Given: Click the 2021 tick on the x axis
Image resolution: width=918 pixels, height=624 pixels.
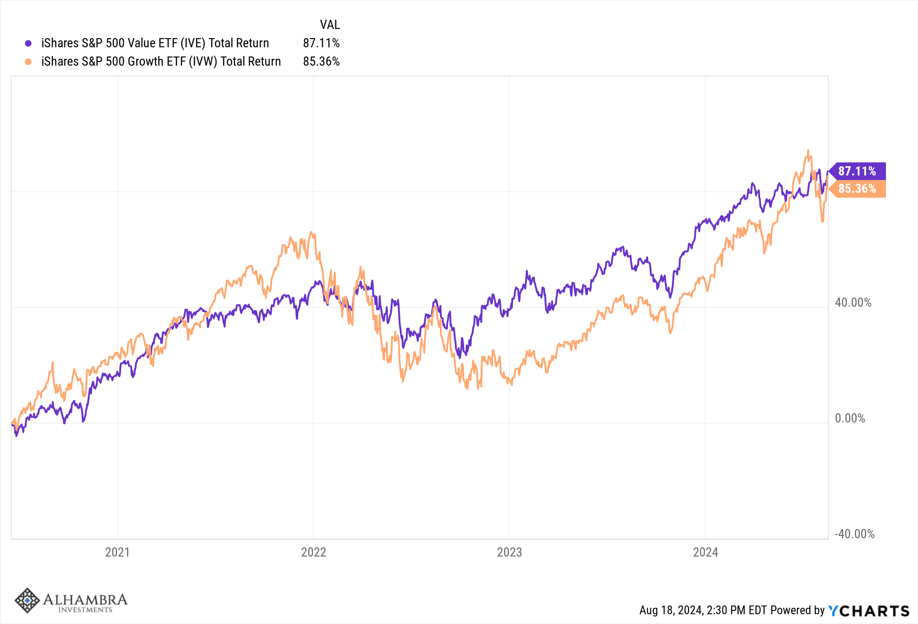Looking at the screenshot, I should pyautogui.click(x=118, y=552).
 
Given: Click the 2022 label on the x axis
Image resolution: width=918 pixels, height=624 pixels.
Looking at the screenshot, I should pyautogui.click(x=313, y=552).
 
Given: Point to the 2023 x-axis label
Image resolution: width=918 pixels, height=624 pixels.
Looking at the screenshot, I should pyautogui.click(x=509, y=552).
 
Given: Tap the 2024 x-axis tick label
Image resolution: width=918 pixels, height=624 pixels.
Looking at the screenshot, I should pyautogui.click(x=705, y=552).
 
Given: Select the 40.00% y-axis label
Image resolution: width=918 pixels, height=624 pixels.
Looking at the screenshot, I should pyautogui.click(x=853, y=303).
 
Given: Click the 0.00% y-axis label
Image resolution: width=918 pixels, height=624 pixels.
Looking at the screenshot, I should pyautogui.click(x=850, y=418).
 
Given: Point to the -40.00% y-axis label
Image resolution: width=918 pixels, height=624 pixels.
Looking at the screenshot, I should pyautogui.click(x=854, y=534).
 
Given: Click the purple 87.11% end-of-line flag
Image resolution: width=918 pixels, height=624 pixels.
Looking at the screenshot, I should pyautogui.click(x=857, y=171).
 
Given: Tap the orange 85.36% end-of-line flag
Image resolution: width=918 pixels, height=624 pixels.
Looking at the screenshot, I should pyautogui.click(x=857, y=189).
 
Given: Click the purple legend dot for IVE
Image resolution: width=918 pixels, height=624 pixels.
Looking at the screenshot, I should pyautogui.click(x=28, y=44).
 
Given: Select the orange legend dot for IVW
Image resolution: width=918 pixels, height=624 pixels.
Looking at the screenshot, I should pyautogui.click(x=28, y=62).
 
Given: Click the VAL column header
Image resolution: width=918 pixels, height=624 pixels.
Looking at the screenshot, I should pyautogui.click(x=330, y=25).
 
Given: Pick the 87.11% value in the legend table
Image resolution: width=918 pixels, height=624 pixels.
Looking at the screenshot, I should pyautogui.click(x=321, y=43).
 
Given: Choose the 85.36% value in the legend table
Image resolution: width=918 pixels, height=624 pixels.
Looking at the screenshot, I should pyautogui.click(x=321, y=62).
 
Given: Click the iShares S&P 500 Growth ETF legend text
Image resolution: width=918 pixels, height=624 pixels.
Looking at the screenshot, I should pyautogui.click(x=161, y=62).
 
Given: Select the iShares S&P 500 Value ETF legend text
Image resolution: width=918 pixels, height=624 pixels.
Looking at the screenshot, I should pyautogui.click(x=155, y=43).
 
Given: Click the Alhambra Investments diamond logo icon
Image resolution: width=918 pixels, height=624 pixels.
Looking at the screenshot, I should pyautogui.click(x=27, y=600).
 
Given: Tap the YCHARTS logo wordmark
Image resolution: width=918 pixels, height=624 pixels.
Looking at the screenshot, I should pyautogui.click(x=868, y=611).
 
